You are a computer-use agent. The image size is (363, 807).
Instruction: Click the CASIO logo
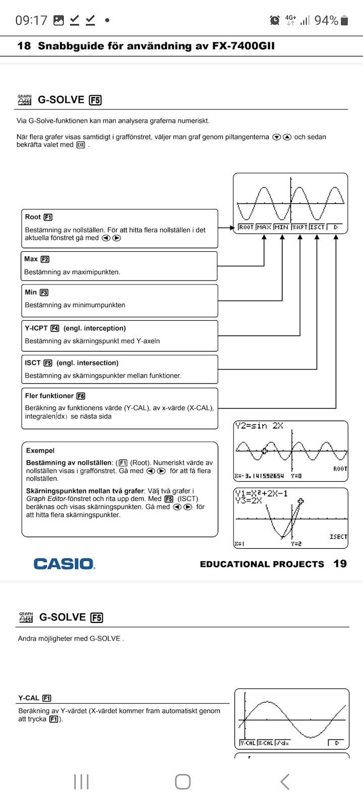point(64,563)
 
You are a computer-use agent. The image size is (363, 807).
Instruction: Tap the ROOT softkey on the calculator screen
point(246,227)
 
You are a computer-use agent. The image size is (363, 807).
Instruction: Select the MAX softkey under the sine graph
point(264,227)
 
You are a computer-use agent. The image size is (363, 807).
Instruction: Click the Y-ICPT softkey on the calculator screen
point(299,227)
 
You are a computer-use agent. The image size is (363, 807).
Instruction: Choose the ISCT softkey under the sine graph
point(317,227)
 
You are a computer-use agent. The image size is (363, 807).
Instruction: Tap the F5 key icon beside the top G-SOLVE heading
point(95,100)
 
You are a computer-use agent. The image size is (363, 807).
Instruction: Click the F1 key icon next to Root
point(48,217)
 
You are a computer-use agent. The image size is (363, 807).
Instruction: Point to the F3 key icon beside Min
point(44,293)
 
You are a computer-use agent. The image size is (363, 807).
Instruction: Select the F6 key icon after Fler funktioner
point(81,396)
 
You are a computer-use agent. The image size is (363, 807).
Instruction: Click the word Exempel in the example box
point(40,450)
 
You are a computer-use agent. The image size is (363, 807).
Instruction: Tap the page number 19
point(340,563)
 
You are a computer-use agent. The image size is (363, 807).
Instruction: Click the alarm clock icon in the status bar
point(275,20)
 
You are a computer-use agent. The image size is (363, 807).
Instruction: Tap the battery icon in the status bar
point(344,20)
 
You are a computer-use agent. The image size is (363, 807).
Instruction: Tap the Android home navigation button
point(183,782)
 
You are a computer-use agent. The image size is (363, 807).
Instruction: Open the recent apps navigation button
point(81,782)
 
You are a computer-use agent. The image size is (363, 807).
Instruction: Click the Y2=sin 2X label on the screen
point(259,426)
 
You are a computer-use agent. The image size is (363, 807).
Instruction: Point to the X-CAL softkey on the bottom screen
point(265,743)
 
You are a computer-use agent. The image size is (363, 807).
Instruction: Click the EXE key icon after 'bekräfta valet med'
point(81,145)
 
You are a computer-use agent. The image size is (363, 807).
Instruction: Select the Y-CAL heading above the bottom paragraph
point(29,698)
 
